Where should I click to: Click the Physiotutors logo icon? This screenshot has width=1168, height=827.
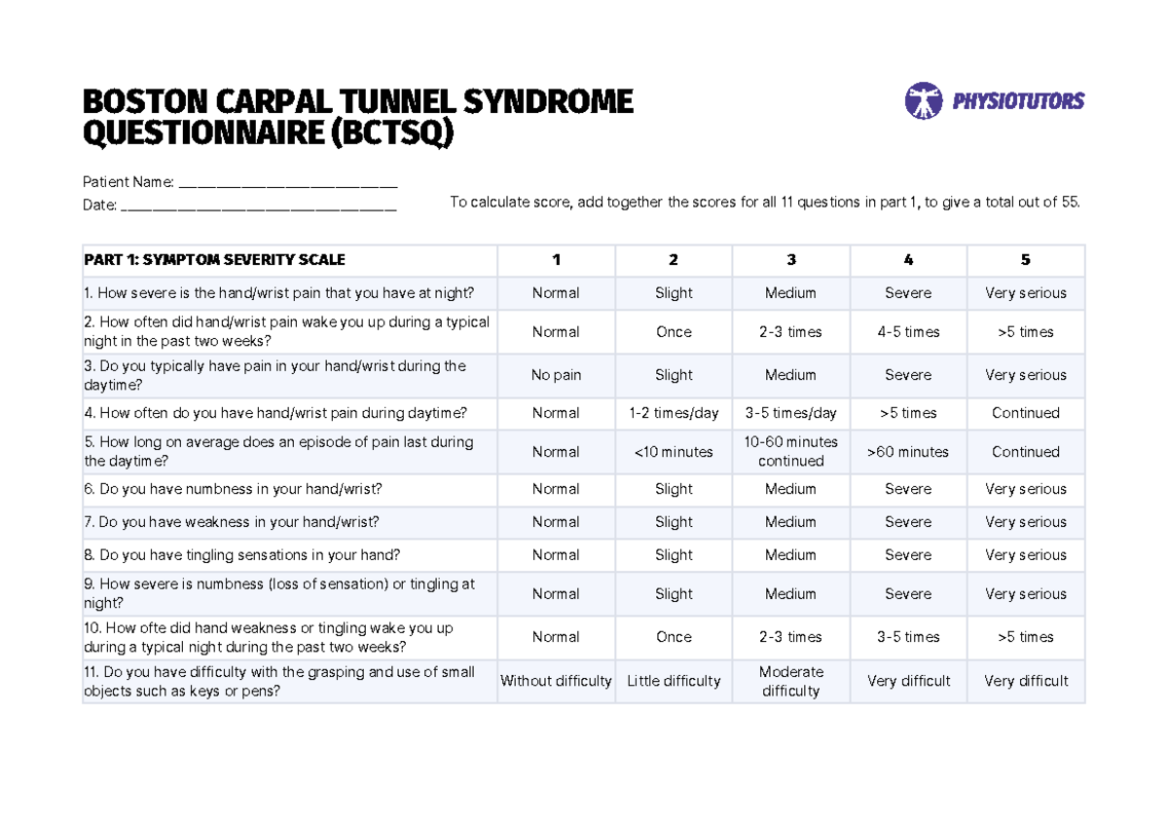click(x=924, y=100)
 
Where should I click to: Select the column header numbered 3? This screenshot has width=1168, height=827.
click(x=791, y=260)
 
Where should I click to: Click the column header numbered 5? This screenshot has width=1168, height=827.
click(x=1025, y=260)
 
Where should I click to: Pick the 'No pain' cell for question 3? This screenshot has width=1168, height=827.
click(x=556, y=375)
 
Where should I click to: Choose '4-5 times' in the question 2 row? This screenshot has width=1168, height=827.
click(x=908, y=332)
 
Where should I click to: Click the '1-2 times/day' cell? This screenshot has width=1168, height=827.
click(x=674, y=413)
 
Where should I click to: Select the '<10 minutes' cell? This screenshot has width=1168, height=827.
click(x=674, y=452)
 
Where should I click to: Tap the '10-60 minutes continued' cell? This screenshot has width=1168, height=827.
click(x=791, y=452)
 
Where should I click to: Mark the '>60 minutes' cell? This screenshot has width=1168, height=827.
click(x=908, y=452)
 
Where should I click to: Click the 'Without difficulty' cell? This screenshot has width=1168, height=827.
click(x=556, y=681)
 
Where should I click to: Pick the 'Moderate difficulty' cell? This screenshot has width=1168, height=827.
click(x=791, y=681)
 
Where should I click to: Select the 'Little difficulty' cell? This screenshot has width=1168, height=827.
click(x=674, y=681)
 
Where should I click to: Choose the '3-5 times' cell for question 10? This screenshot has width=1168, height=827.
click(x=908, y=637)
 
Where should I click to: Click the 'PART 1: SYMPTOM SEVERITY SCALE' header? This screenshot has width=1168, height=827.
click(x=214, y=260)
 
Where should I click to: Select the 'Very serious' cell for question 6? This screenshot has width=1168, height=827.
click(x=1025, y=489)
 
